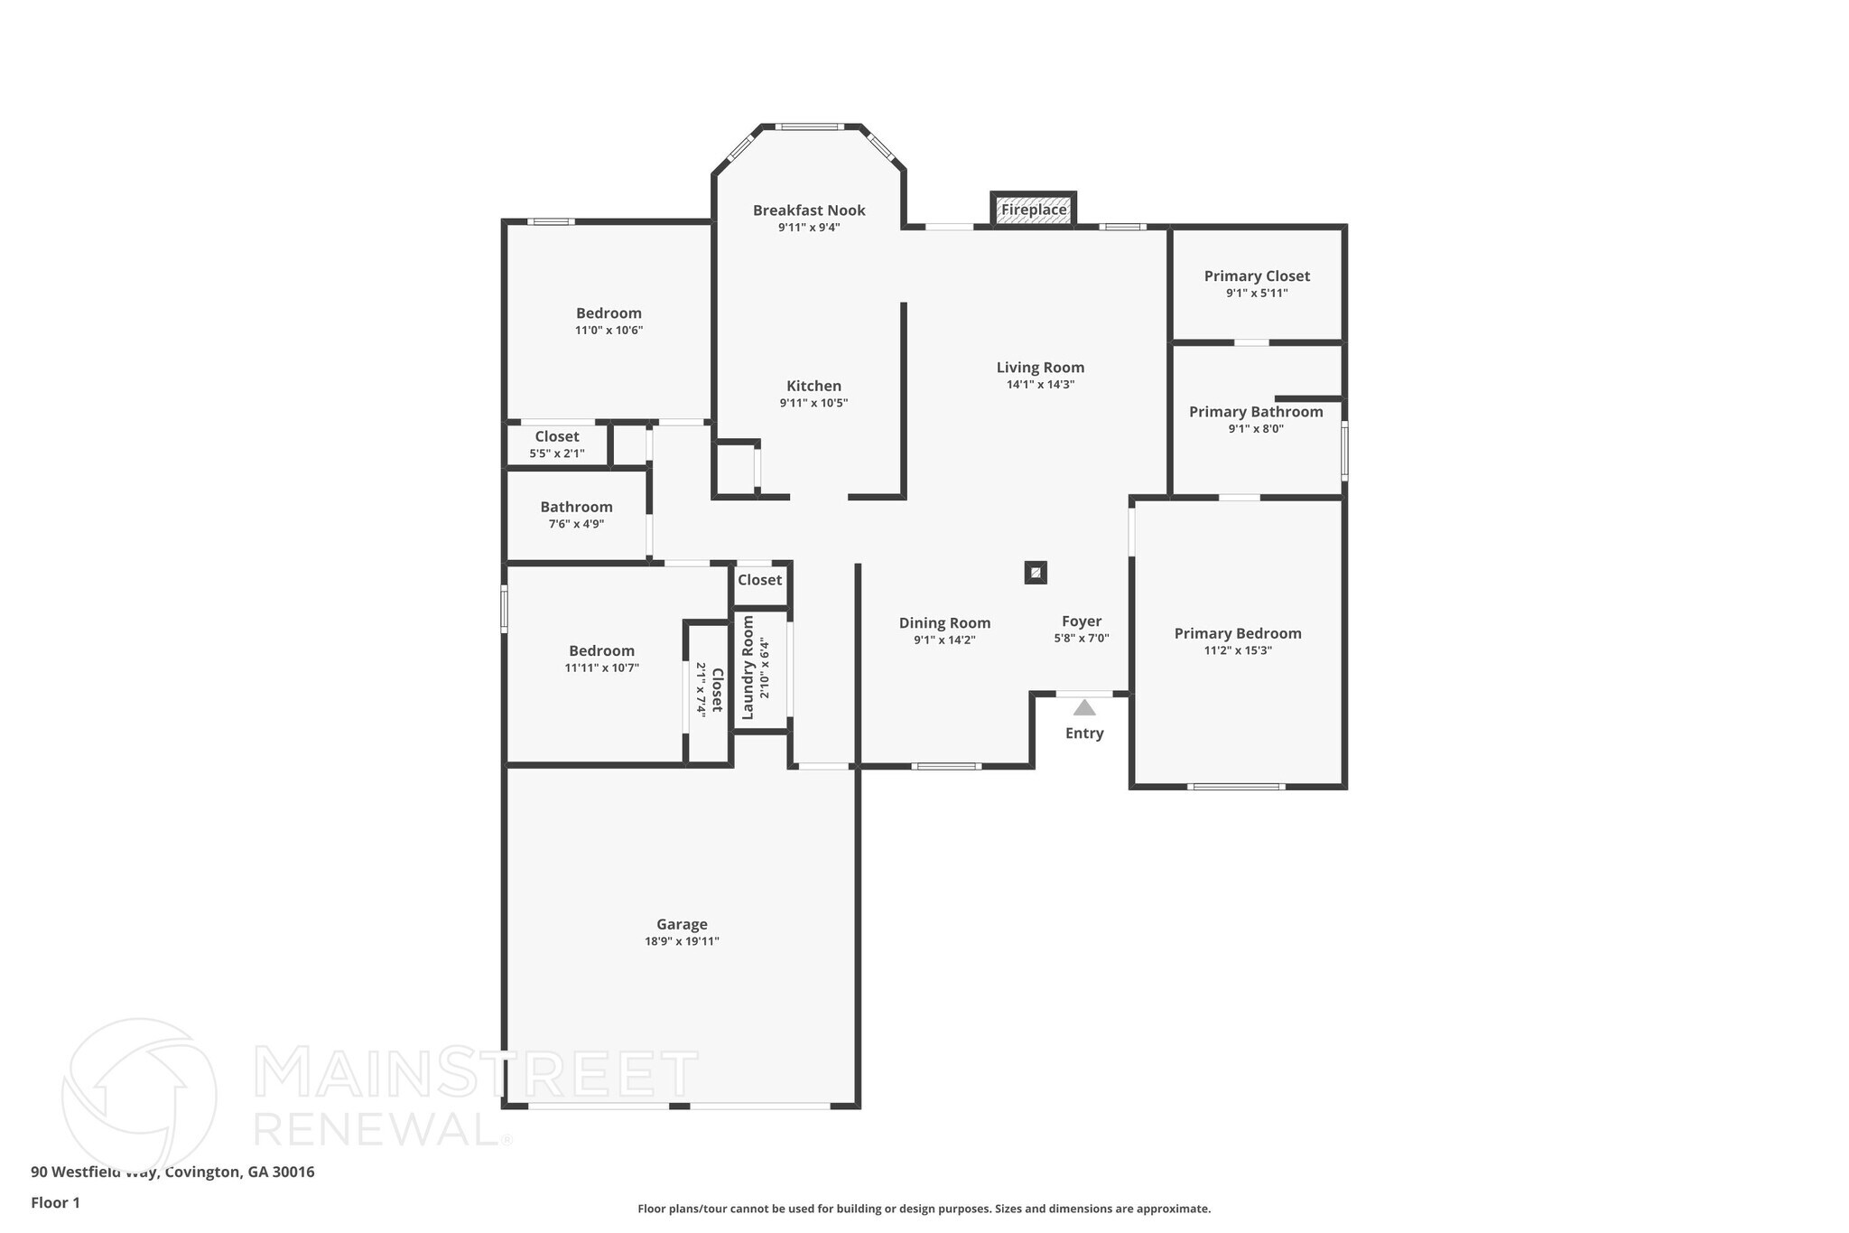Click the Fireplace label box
point(1034,210)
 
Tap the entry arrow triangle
point(1084,707)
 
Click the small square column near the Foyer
point(1036,572)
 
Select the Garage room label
point(682,924)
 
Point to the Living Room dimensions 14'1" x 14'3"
point(1040,384)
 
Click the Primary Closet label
point(1257,276)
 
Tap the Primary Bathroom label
point(1256,412)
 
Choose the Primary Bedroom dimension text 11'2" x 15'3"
point(1238,650)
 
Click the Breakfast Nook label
point(809,210)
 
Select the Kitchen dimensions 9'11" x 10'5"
point(813,403)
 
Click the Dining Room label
point(944,622)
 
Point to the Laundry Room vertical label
point(748,668)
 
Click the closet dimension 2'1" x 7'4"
point(701,689)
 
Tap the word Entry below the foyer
point(1084,733)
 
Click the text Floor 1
point(55,1202)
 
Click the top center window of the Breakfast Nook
point(809,126)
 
